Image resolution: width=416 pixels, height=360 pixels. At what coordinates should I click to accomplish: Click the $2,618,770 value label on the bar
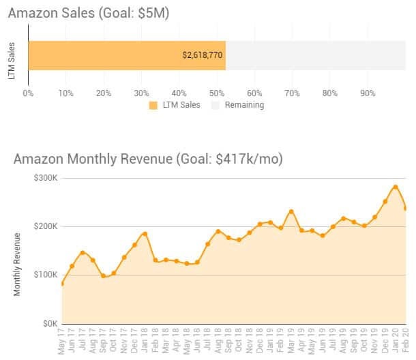pyautogui.click(x=203, y=55)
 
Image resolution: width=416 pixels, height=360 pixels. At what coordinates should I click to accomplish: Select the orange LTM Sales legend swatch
pyautogui.click(x=153, y=105)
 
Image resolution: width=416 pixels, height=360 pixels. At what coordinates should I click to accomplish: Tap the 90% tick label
pyautogui.click(x=368, y=92)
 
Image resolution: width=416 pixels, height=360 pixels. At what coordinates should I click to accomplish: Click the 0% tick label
pyautogui.click(x=28, y=92)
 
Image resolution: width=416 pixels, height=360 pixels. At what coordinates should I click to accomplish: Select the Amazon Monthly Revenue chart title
pyautogui.click(x=148, y=159)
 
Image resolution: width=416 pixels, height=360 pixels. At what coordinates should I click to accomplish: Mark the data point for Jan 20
pyautogui.click(x=396, y=187)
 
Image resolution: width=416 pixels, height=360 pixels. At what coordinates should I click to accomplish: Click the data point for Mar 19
pyautogui.click(x=291, y=211)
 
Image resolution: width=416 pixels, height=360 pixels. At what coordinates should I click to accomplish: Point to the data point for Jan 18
pyautogui.click(x=145, y=234)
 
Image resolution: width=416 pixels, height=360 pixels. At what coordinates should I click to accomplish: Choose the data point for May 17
pyautogui.click(x=62, y=284)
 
